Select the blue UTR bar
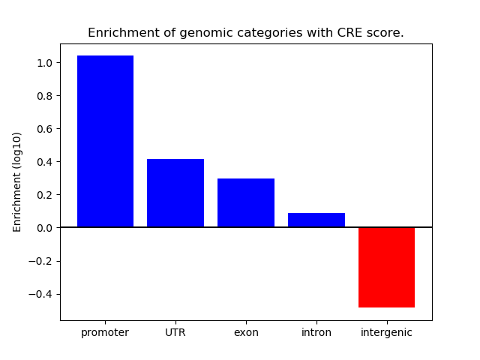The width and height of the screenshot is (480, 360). coord(175,193)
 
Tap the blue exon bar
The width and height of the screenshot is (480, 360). coord(246,202)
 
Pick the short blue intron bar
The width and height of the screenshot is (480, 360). coord(316,220)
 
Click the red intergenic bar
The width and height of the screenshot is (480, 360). coord(386,267)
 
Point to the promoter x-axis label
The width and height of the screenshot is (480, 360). coord(105,332)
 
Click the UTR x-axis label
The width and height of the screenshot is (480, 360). coord(175,332)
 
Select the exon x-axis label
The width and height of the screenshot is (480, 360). coord(246,332)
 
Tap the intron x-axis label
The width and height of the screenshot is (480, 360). coord(316,332)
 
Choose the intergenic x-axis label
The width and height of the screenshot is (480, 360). coord(386,332)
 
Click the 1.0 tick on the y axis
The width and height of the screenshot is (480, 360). coord(45,63)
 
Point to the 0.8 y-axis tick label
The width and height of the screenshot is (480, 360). coord(45,96)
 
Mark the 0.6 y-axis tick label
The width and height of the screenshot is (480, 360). coord(45,129)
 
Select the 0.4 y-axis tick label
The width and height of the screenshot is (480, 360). coord(45,162)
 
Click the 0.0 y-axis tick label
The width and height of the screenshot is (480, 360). coord(45,228)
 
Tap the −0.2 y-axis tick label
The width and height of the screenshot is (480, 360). coord(41,261)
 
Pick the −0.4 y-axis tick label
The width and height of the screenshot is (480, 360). coord(41,294)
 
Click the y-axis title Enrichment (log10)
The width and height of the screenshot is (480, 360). coord(17,181)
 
